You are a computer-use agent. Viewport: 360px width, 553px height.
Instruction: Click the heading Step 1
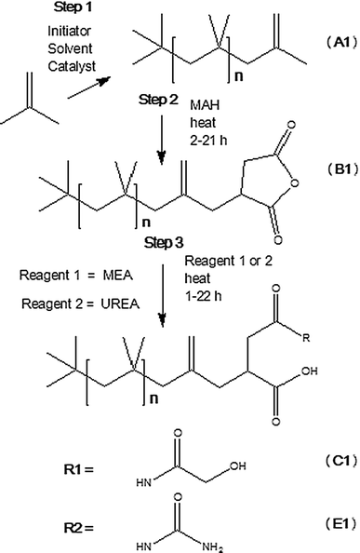pyautogui.click(x=73, y=7)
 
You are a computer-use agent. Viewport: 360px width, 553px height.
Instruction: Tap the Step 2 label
pyautogui.click(x=158, y=100)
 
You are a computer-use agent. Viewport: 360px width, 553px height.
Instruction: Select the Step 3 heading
pyautogui.click(x=164, y=243)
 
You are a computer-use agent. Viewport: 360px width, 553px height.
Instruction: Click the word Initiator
pyautogui.click(x=70, y=31)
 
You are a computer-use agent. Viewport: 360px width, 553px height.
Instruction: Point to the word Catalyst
pyautogui.click(x=72, y=66)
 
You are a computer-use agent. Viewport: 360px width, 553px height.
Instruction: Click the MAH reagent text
pyautogui.click(x=205, y=105)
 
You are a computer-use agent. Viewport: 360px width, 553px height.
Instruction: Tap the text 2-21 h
pyautogui.click(x=208, y=140)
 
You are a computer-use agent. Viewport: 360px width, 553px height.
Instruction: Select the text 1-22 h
pyautogui.click(x=203, y=296)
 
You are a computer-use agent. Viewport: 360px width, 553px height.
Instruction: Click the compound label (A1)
pyautogui.click(x=341, y=42)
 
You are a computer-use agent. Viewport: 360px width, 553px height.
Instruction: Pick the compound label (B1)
pyautogui.click(x=341, y=169)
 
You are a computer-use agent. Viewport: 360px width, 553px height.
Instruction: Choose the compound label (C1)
pyautogui.click(x=341, y=461)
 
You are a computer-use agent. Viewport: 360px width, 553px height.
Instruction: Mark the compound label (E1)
pyautogui.click(x=341, y=524)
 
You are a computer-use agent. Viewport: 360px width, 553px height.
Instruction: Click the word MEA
pyautogui.click(x=117, y=275)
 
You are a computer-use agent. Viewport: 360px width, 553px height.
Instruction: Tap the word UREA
pyautogui.click(x=120, y=303)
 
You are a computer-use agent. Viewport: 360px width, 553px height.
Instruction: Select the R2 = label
pyautogui.click(x=79, y=528)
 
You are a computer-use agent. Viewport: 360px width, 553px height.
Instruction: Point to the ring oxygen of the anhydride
pyautogui.click(x=295, y=183)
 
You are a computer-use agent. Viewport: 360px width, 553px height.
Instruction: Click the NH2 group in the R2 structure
pyautogui.click(x=213, y=547)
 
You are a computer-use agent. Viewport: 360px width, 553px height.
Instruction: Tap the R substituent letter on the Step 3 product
pyautogui.click(x=306, y=339)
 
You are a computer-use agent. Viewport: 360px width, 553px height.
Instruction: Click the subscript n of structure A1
pyautogui.click(x=238, y=77)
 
